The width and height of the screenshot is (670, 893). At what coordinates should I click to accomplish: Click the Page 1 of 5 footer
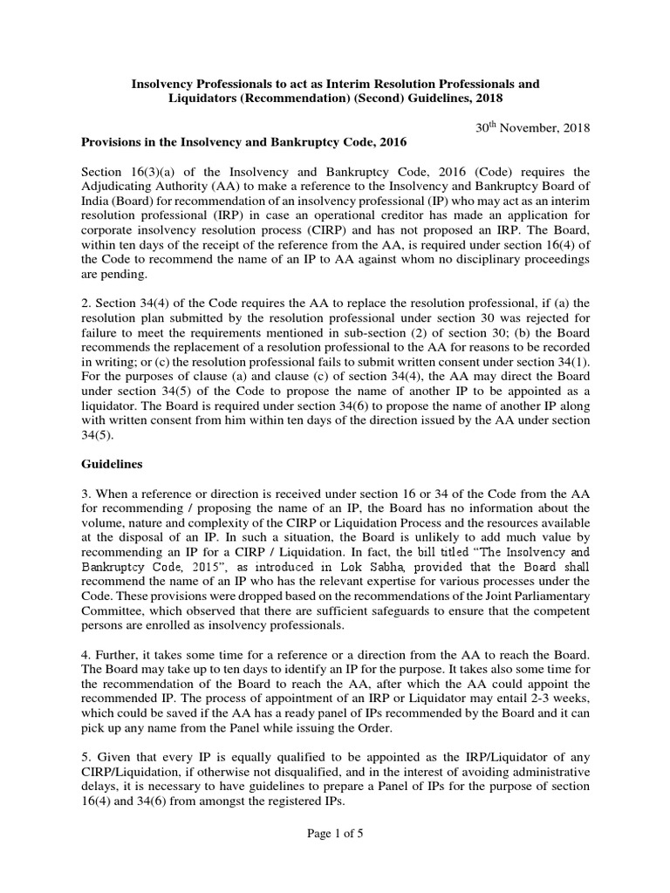[x=334, y=834]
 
